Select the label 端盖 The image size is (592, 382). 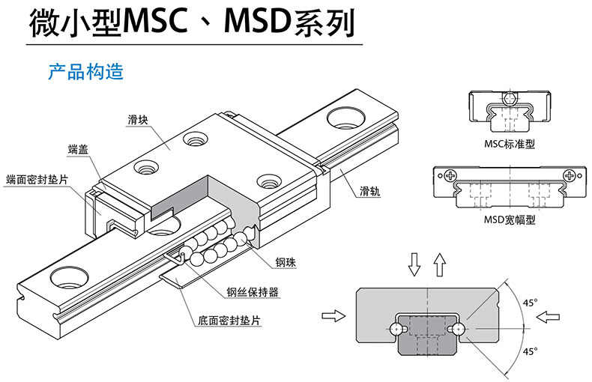pos(78,149)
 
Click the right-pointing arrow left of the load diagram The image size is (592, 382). pos(330,317)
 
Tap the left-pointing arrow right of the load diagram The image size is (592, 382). pos(549,317)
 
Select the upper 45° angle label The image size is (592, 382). pos(530,303)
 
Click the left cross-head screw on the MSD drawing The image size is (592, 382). pos(449,176)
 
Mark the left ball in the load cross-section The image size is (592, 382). pos(396,328)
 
